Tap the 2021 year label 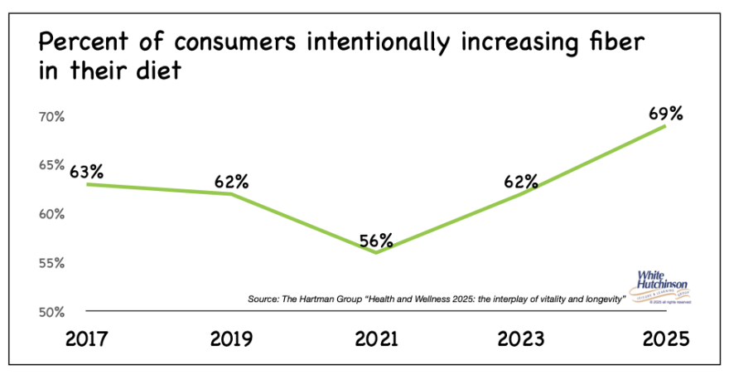tap(377, 340)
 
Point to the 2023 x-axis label tap(521, 340)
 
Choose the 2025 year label tap(665, 340)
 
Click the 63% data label tap(86, 172)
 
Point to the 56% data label tap(376, 241)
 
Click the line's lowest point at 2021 tap(377, 252)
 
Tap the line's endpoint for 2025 tap(666, 125)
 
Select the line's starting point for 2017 tap(86, 184)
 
